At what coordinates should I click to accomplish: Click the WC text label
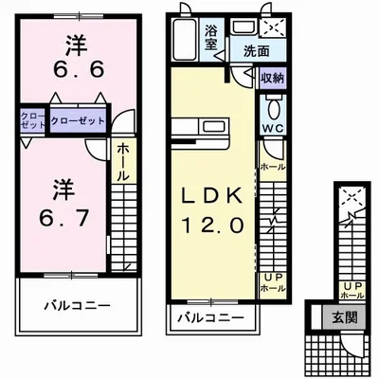pyautogui.click(x=271, y=126)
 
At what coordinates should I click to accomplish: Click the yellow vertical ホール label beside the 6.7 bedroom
pyautogui.click(x=124, y=162)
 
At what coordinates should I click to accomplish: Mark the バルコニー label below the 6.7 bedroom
pyautogui.click(x=77, y=307)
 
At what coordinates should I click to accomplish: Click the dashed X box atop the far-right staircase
pyautogui.click(x=352, y=197)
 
